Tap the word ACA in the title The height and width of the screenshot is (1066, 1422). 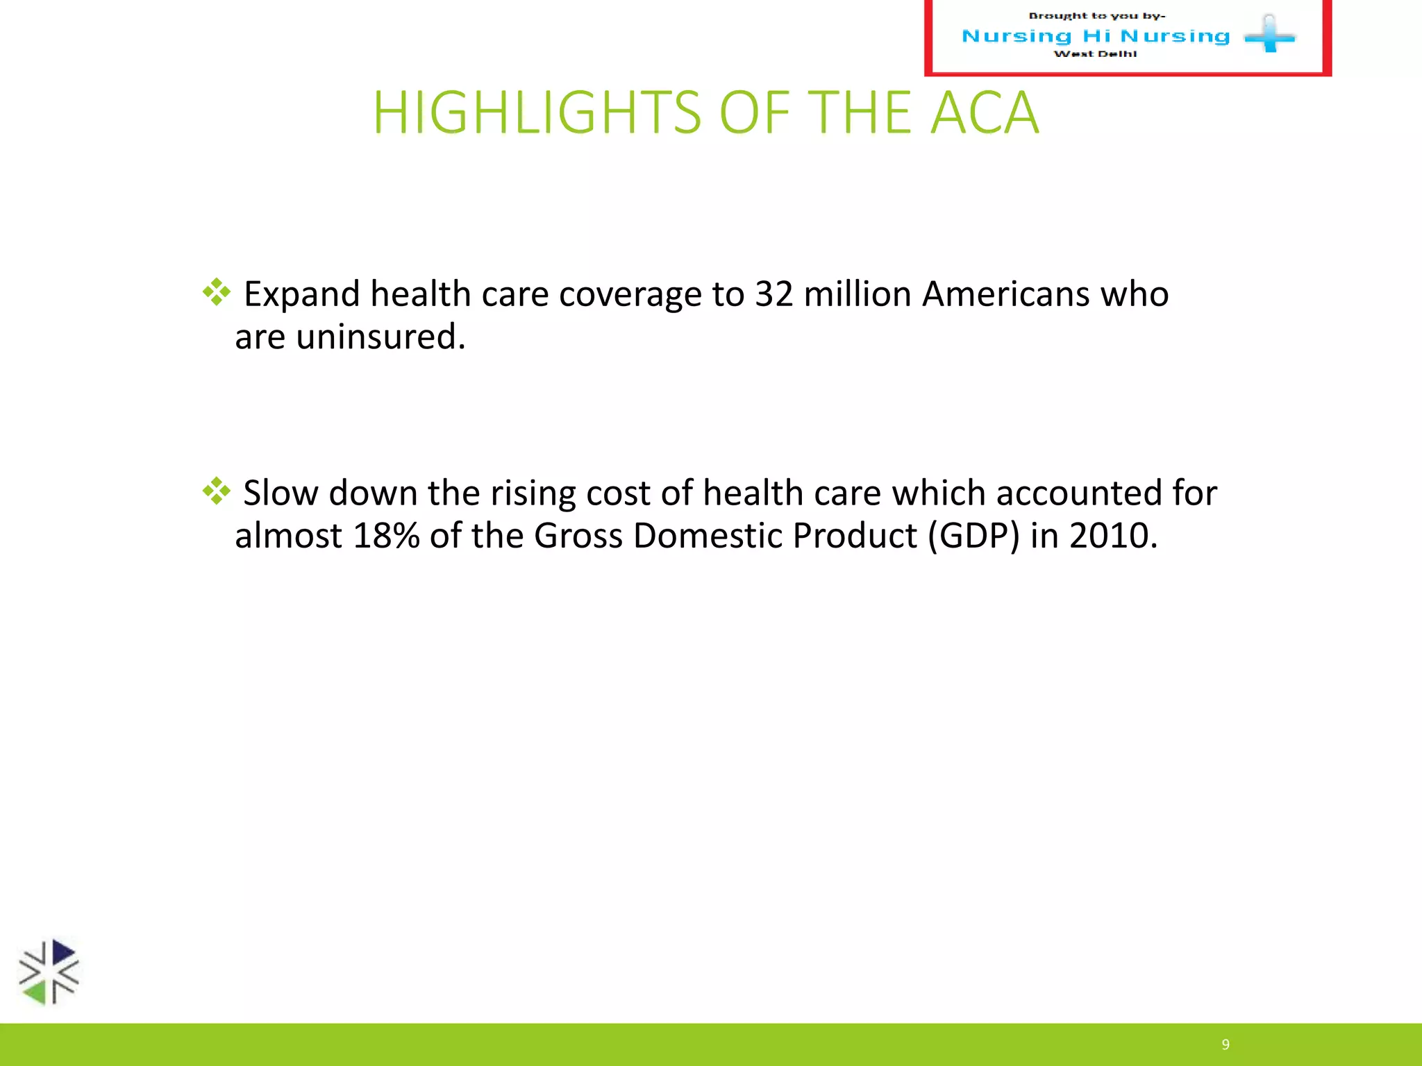985,112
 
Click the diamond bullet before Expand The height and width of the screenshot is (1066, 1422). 216,292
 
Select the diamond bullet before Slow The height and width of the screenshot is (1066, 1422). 216,491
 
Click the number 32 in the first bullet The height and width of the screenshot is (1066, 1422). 773,294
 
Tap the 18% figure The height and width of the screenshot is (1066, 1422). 386,536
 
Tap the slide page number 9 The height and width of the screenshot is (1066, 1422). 1226,1044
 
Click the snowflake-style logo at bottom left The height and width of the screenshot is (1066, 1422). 49,972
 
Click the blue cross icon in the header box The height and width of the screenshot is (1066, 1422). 1269,35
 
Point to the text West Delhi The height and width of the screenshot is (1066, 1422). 1095,54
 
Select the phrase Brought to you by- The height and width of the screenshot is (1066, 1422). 1096,16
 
